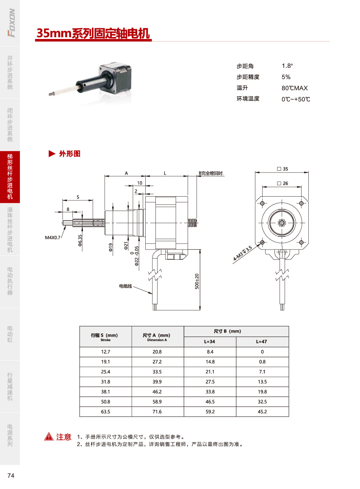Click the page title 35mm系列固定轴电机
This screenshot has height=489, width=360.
[93, 33]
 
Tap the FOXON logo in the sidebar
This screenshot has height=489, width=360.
[11, 23]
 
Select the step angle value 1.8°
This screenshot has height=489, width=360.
[287, 66]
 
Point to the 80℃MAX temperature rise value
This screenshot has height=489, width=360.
[294, 88]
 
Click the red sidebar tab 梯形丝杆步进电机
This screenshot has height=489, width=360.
[10, 177]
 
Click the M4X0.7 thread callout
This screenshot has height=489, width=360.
[53, 238]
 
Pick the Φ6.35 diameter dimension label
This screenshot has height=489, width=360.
[80, 241]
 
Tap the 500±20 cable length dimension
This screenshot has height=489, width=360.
[197, 281]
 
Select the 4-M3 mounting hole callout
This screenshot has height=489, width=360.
[243, 253]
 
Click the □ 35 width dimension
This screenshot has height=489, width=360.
[282, 169]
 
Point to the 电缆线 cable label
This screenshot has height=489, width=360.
[125, 286]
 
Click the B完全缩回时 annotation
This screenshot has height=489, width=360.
[211, 173]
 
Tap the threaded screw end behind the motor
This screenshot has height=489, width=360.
[193, 222]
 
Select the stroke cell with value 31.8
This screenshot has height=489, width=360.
[105, 382]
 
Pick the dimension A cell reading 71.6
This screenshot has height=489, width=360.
[157, 411]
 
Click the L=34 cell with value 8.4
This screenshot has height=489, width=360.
[210, 352]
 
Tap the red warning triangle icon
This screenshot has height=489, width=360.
[49, 437]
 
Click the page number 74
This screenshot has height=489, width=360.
[11, 475]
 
